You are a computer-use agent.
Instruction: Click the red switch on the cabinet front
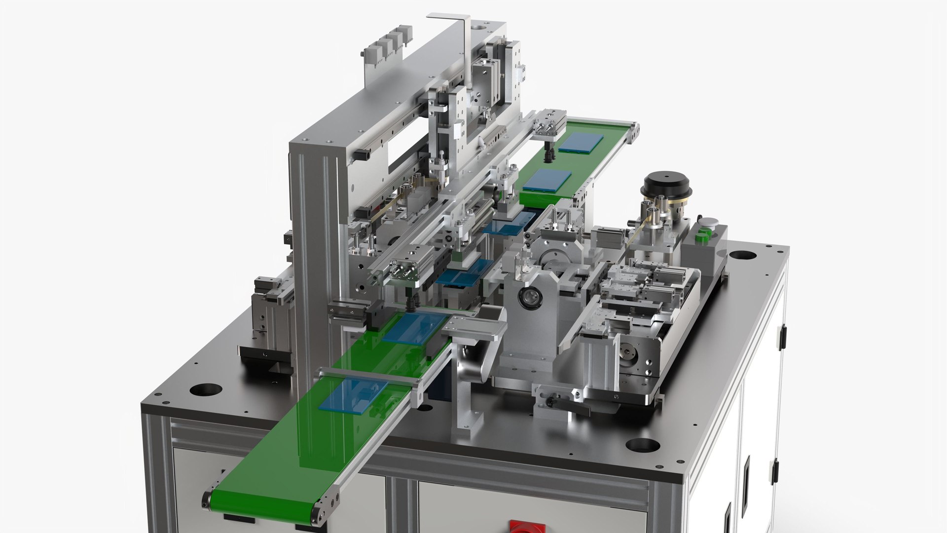(x=527, y=526)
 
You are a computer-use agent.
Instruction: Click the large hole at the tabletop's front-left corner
(x=206, y=389)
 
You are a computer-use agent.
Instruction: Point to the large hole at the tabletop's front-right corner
(x=642, y=445)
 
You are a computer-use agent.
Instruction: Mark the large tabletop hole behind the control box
(x=742, y=256)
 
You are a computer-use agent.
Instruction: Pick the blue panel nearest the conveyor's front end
(x=353, y=394)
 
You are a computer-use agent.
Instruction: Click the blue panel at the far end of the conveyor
(x=581, y=143)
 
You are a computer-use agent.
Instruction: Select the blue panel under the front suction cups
(x=414, y=327)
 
